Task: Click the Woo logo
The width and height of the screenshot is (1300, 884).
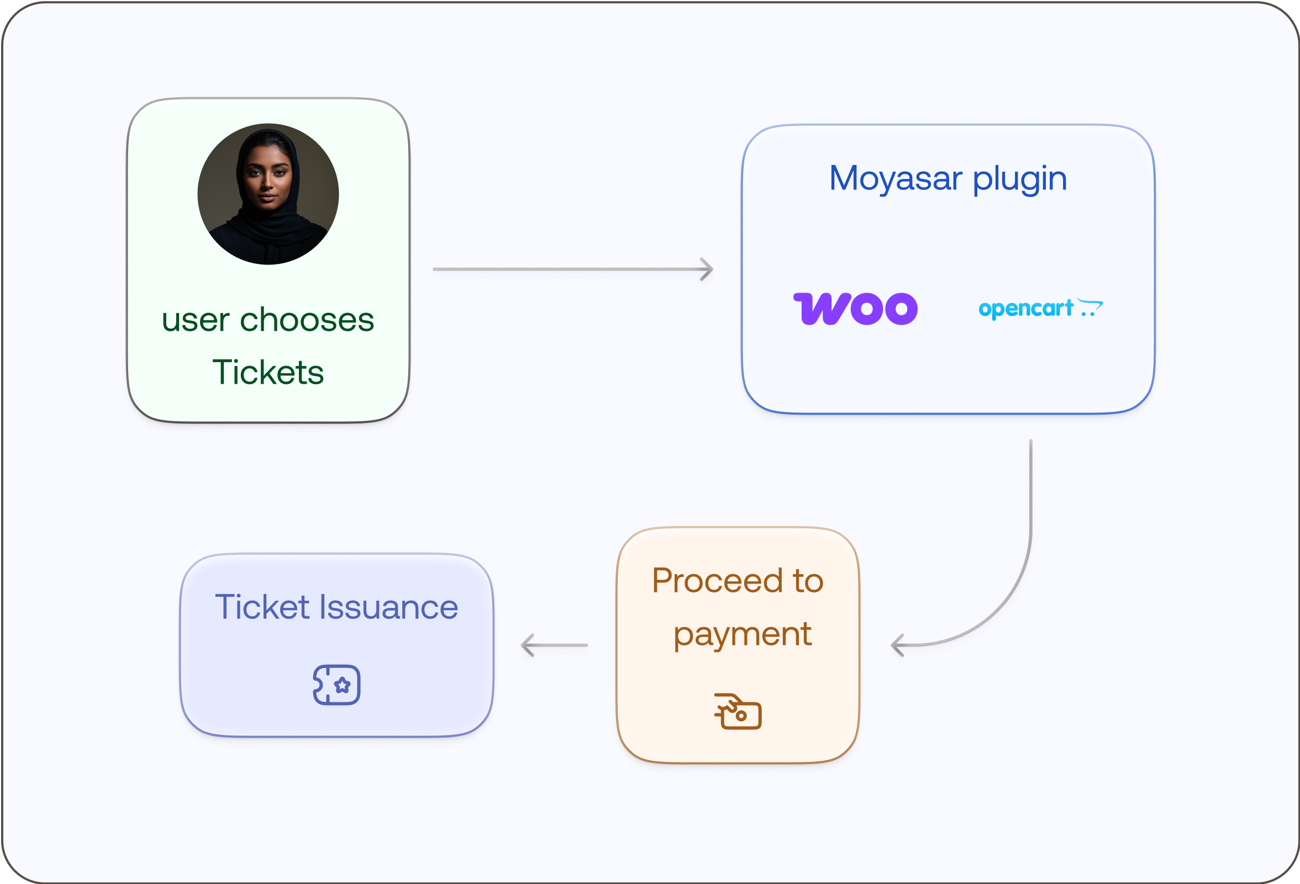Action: point(855,309)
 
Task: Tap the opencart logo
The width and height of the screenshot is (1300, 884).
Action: point(1040,308)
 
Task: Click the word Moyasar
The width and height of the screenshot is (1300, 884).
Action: point(896,178)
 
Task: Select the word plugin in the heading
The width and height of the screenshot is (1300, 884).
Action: point(1020,179)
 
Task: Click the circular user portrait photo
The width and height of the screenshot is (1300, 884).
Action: point(268,194)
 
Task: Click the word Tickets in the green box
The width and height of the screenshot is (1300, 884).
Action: point(268,372)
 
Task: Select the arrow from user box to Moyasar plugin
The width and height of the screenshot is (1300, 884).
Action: point(572,269)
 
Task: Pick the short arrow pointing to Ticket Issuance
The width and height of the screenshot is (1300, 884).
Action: point(554,645)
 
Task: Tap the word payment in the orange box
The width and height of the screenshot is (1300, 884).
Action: point(743,634)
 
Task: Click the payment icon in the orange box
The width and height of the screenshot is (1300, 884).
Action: point(738,711)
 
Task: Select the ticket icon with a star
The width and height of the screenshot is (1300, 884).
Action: point(337,684)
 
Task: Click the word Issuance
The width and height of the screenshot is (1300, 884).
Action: point(389,607)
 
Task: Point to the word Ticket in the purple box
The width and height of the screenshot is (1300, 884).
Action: point(262,607)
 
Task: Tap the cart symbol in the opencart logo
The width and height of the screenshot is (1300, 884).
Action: point(1090,307)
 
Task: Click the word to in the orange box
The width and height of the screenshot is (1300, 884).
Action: point(808,580)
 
